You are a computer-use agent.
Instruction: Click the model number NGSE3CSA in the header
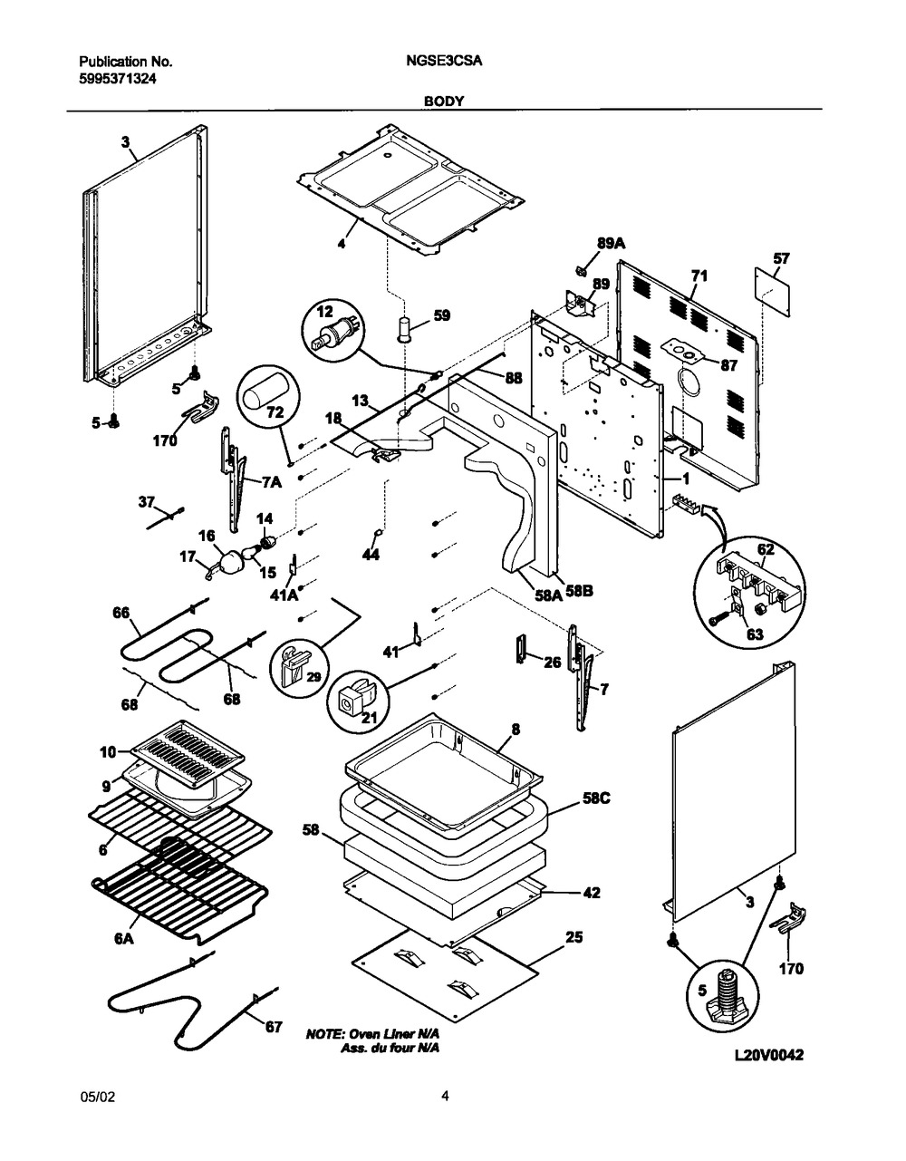pyautogui.click(x=443, y=62)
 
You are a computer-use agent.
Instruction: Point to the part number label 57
pyautogui.click(x=781, y=258)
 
